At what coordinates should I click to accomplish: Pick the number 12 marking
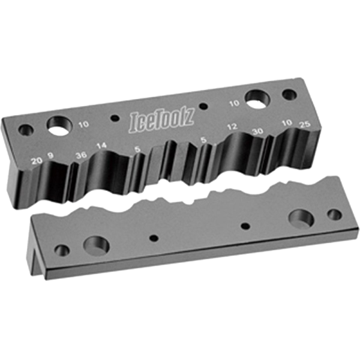(233, 127)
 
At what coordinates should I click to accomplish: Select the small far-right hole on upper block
(289, 95)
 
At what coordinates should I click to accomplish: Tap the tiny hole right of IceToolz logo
(203, 107)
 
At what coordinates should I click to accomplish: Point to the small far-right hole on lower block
(334, 214)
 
